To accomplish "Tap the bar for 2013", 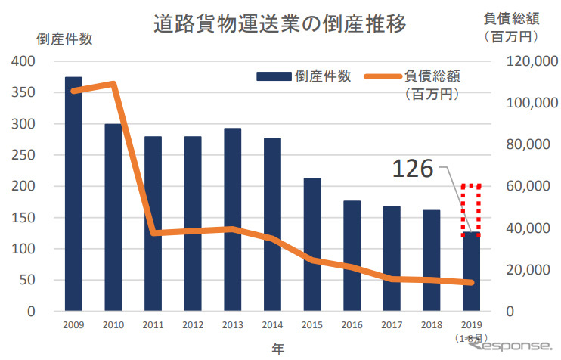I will coord(233,219).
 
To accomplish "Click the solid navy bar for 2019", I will coord(471,272).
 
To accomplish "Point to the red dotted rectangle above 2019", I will coord(471,209).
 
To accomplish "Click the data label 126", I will coord(412,169).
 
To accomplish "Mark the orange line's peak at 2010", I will coord(113,83).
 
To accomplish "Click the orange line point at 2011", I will coord(153,232).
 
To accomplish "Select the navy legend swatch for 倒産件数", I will coord(273,76).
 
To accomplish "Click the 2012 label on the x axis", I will coord(193,324).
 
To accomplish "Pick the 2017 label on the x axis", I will coord(392,324).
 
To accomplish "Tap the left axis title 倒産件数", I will coord(64,39).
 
